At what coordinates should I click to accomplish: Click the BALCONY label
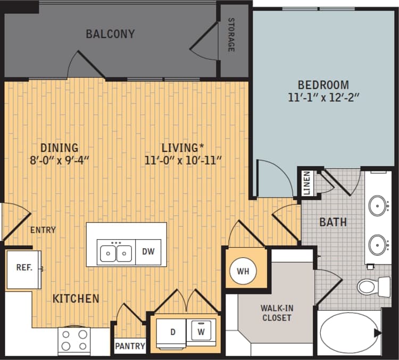point(110,34)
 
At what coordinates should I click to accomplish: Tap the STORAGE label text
point(231,35)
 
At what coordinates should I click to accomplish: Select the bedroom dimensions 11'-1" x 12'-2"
point(323,97)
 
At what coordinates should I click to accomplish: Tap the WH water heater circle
point(243,271)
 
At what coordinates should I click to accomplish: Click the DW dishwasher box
point(148,252)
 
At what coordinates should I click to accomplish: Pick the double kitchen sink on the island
point(115,252)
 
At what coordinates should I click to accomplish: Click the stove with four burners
point(74,340)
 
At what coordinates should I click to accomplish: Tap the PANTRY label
point(130,346)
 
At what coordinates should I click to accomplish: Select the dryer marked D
point(172,332)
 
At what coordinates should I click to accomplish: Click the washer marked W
point(202,332)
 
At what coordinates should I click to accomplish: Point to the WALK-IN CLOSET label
point(276,313)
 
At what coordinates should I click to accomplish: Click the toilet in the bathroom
point(372,287)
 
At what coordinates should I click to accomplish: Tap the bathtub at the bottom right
point(348,332)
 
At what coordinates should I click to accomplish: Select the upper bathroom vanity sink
point(378,204)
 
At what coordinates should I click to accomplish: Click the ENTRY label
point(43,230)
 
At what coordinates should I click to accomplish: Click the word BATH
point(333,222)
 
